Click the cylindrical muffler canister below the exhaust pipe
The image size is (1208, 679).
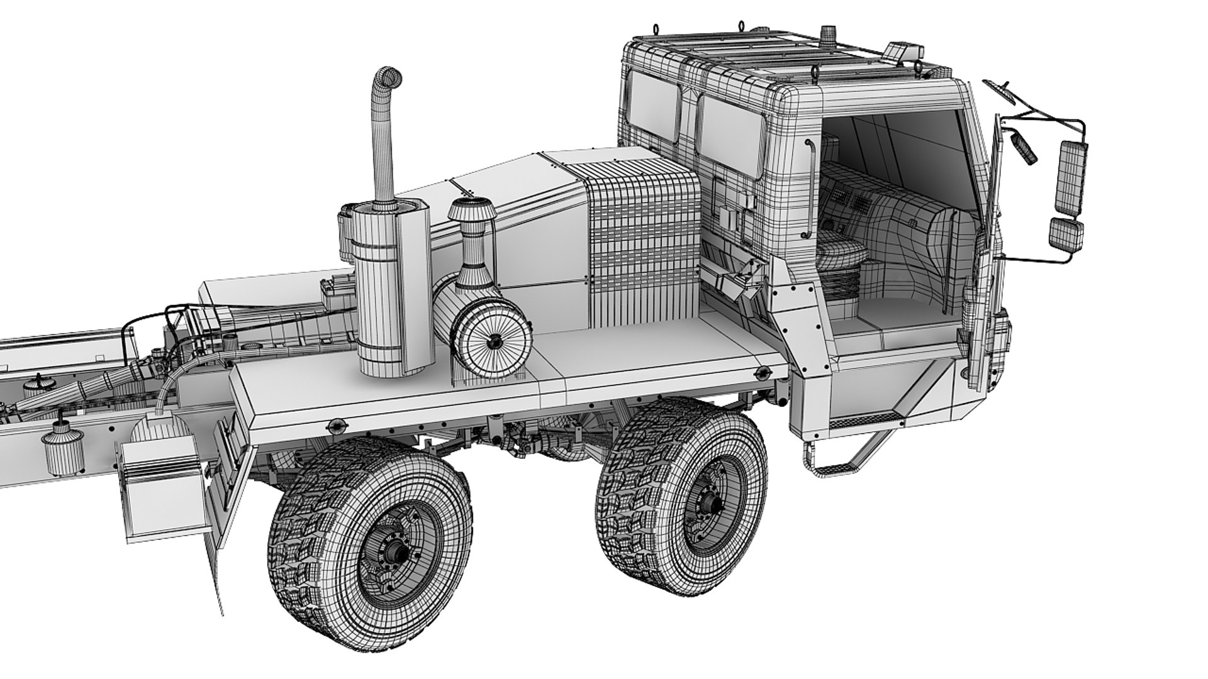pyautogui.click(x=379, y=295)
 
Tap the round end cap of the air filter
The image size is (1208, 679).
pyautogui.click(x=494, y=343)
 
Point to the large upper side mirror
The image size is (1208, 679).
pyautogui.click(x=1071, y=176)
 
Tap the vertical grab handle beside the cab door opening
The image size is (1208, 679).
pyautogui.click(x=810, y=189)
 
